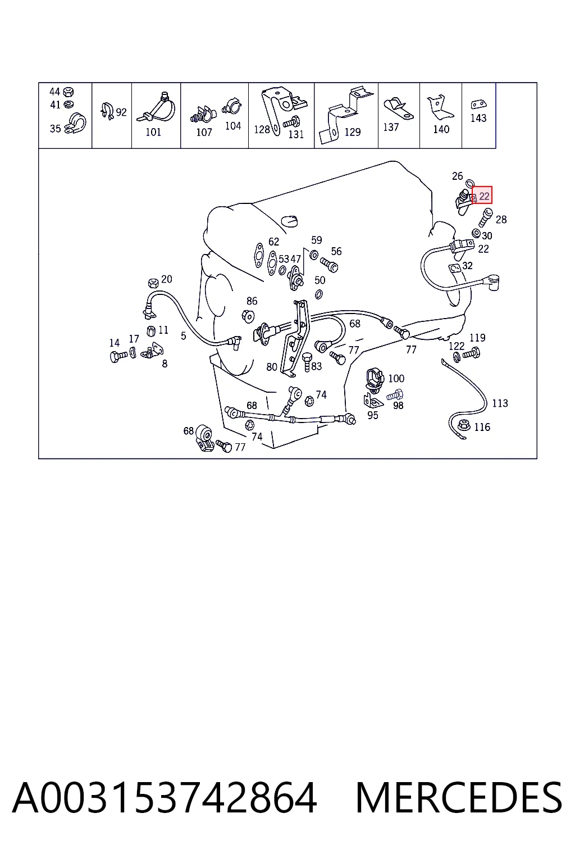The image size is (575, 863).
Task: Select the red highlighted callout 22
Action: (x=482, y=196)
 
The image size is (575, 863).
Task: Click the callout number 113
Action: (x=500, y=403)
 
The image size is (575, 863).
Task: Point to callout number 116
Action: (x=482, y=427)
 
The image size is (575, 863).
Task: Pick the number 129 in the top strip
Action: (x=353, y=132)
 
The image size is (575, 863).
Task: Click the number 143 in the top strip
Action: (x=478, y=119)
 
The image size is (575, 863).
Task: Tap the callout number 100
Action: (x=396, y=378)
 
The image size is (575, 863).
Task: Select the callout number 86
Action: (x=252, y=301)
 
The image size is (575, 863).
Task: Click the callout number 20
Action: (x=166, y=279)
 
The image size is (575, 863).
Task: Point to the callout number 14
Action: (x=115, y=343)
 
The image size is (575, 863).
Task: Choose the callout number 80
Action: (x=272, y=367)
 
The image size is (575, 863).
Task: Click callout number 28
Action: (x=501, y=220)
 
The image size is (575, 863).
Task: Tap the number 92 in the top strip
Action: (x=121, y=112)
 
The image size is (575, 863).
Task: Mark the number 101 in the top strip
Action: (x=153, y=132)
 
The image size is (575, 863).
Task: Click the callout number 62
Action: (x=273, y=242)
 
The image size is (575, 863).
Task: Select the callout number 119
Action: (x=477, y=338)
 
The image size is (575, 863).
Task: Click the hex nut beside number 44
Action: (x=68, y=92)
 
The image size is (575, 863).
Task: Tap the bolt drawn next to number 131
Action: (x=291, y=123)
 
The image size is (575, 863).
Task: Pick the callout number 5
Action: (x=183, y=336)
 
